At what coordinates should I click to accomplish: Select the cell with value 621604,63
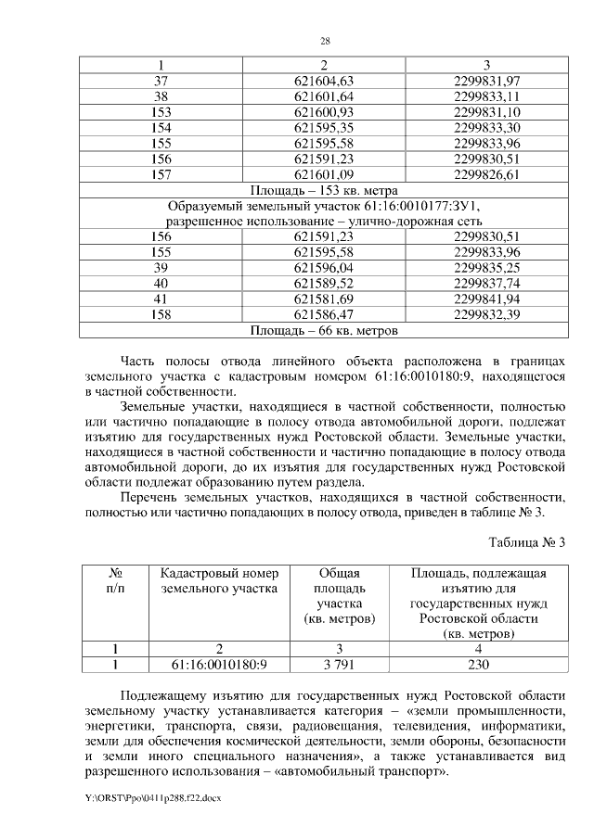pyautogui.click(x=324, y=82)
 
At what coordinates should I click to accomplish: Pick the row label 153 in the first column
pyautogui.click(x=161, y=111)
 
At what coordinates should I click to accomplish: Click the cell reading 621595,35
pyautogui.click(x=324, y=127)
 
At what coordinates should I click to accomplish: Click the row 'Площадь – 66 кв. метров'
pyautogui.click(x=324, y=329)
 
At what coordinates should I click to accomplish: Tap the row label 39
pyautogui.click(x=161, y=267)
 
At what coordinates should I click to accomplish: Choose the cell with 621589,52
pyautogui.click(x=324, y=283)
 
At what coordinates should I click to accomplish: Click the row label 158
pyautogui.click(x=161, y=314)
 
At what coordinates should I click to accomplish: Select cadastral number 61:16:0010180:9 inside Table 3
pyautogui.click(x=219, y=664)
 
